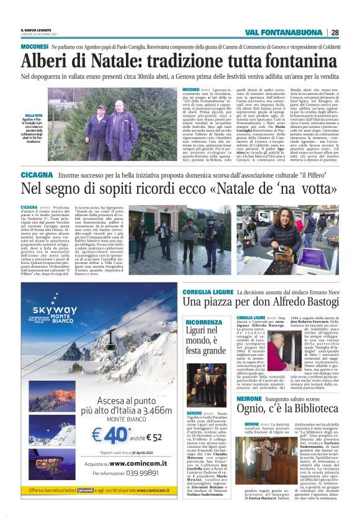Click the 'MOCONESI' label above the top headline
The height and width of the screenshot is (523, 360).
34,47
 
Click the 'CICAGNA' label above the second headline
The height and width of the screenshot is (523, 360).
36,176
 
